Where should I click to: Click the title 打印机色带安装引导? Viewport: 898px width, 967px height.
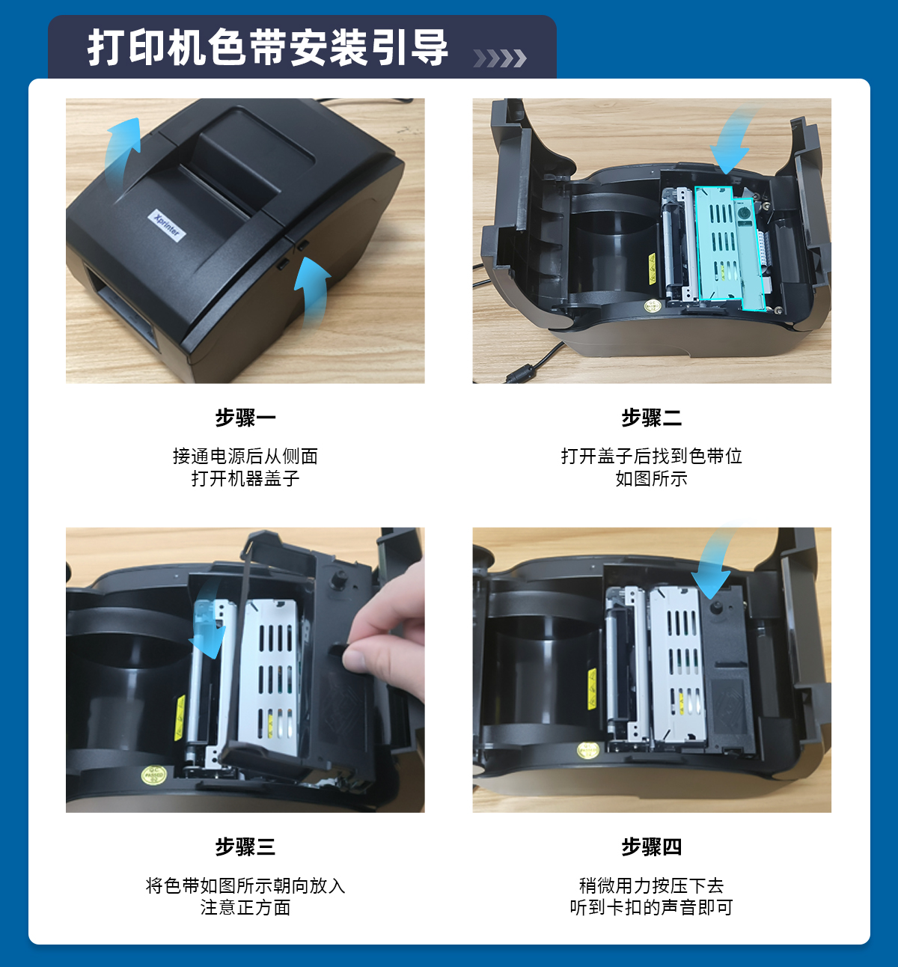267,48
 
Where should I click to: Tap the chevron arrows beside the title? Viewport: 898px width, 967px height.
500,58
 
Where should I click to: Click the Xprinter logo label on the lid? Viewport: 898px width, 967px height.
167,225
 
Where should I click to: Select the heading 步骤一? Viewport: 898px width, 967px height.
245,418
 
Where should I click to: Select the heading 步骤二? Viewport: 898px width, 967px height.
652,418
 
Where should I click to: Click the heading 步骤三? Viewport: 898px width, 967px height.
245,846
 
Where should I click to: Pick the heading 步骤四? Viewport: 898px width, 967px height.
652,846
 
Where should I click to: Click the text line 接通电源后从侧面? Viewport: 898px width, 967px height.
245,457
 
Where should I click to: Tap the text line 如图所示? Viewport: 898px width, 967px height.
652,478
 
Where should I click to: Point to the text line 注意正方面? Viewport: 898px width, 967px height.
245,908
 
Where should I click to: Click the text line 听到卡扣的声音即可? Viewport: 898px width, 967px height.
652,908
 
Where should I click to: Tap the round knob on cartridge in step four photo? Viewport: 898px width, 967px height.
715,608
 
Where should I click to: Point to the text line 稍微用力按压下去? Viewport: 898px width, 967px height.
652,885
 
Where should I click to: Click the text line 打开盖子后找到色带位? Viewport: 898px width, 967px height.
652,457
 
